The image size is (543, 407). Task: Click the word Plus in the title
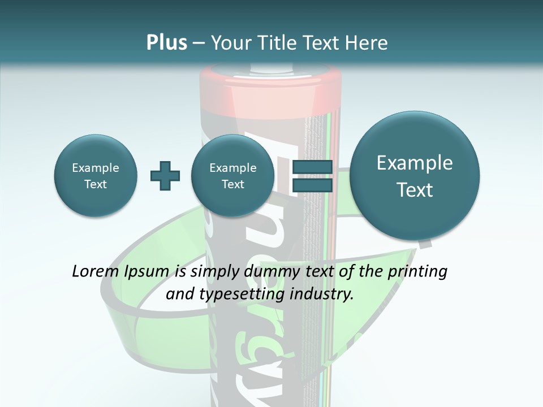click(x=166, y=43)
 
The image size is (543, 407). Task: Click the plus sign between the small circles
click(x=165, y=176)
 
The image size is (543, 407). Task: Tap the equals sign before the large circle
click(x=312, y=176)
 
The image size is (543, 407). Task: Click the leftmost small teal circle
click(x=95, y=176)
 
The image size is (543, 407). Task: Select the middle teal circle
click(x=232, y=176)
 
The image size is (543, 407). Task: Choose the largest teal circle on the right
click(x=415, y=176)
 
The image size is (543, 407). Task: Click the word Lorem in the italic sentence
click(x=95, y=272)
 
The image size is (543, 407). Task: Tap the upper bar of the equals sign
click(x=312, y=167)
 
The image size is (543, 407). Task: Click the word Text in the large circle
click(x=415, y=190)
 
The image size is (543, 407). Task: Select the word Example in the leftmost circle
click(x=95, y=168)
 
